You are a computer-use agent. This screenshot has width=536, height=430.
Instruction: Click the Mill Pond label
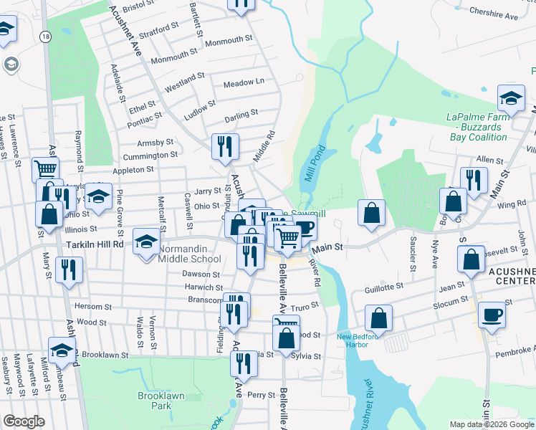[x=313, y=164]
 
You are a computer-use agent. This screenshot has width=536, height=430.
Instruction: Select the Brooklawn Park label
[x=155, y=400]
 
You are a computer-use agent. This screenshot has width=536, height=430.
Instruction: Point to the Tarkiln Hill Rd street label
[x=95, y=244]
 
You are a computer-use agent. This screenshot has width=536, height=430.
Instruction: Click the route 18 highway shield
[x=46, y=37]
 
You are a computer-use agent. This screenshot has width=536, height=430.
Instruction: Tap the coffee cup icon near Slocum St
[x=492, y=315]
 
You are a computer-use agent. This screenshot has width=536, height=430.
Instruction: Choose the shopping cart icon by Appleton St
[x=45, y=169]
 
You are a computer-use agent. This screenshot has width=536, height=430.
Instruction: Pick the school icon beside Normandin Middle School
[x=147, y=240]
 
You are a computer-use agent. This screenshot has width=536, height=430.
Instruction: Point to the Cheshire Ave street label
[x=493, y=14]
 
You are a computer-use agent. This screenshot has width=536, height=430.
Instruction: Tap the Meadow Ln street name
[x=244, y=83]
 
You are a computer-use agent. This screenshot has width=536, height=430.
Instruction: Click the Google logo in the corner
[x=24, y=421]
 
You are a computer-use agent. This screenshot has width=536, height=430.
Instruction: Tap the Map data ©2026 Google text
[x=491, y=424]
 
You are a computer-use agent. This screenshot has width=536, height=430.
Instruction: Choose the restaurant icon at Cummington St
[x=226, y=146]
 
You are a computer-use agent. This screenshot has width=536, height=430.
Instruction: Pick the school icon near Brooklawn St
[x=62, y=350]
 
